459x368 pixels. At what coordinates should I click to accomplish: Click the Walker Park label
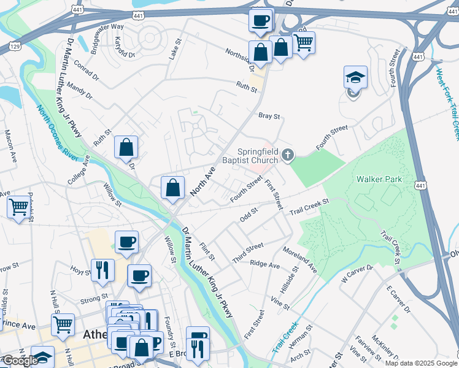click(379, 179)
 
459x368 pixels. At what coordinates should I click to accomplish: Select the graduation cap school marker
click(355, 78)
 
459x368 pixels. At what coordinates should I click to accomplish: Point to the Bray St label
click(269, 115)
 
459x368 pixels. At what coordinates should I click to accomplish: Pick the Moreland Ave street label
click(300, 260)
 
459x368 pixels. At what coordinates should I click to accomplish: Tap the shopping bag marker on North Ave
click(173, 188)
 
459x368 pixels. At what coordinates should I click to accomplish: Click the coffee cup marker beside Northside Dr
click(260, 21)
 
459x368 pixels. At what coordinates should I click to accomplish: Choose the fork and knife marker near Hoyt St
click(102, 269)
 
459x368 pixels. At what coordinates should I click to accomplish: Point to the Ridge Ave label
click(264, 264)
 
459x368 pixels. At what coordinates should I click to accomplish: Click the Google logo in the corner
click(20, 361)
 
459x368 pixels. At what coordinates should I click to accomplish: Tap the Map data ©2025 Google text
click(421, 363)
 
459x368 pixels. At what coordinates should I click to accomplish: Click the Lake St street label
click(175, 49)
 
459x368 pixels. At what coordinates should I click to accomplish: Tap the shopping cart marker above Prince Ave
click(63, 324)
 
